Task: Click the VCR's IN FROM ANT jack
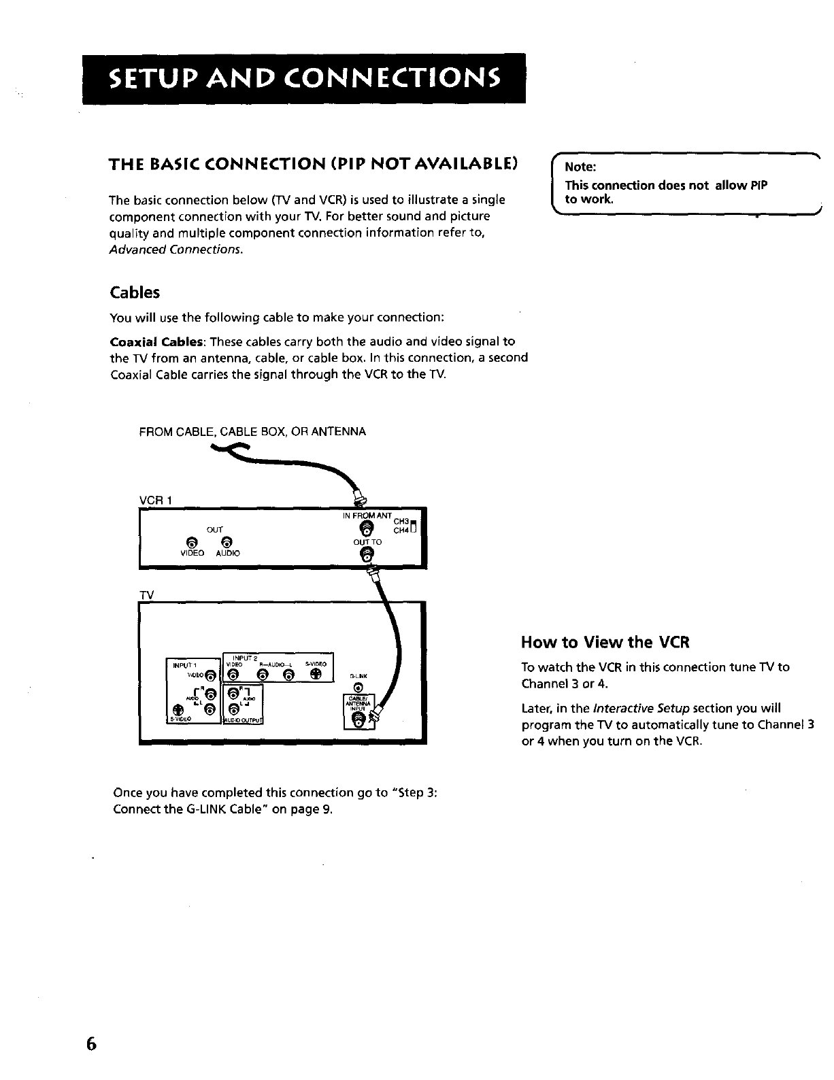[367, 530]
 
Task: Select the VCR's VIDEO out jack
[192, 541]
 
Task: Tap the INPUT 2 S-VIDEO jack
[314, 674]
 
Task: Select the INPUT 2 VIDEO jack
[233, 674]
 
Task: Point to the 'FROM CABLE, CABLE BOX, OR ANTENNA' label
[252, 431]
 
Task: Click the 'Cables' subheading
[135, 292]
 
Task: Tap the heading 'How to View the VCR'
[605, 643]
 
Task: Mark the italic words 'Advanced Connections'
[176, 250]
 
